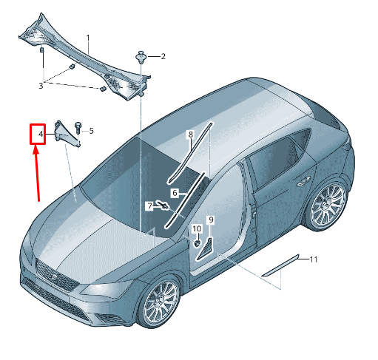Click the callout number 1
click(88, 38)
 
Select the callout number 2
click(163, 56)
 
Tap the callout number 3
click(41, 86)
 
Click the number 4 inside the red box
click(41, 134)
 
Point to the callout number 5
click(91, 131)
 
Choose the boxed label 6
click(175, 193)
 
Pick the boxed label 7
click(150, 206)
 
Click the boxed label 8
click(191, 135)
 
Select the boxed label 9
click(211, 220)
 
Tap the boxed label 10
click(197, 229)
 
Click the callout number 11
click(313, 259)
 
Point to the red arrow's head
click(36, 150)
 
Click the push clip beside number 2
click(141, 57)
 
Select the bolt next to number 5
click(78, 128)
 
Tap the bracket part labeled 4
click(67, 135)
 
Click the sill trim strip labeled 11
click(280, 265)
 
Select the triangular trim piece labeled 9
click(204, 249)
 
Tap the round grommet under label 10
click(197, 244)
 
